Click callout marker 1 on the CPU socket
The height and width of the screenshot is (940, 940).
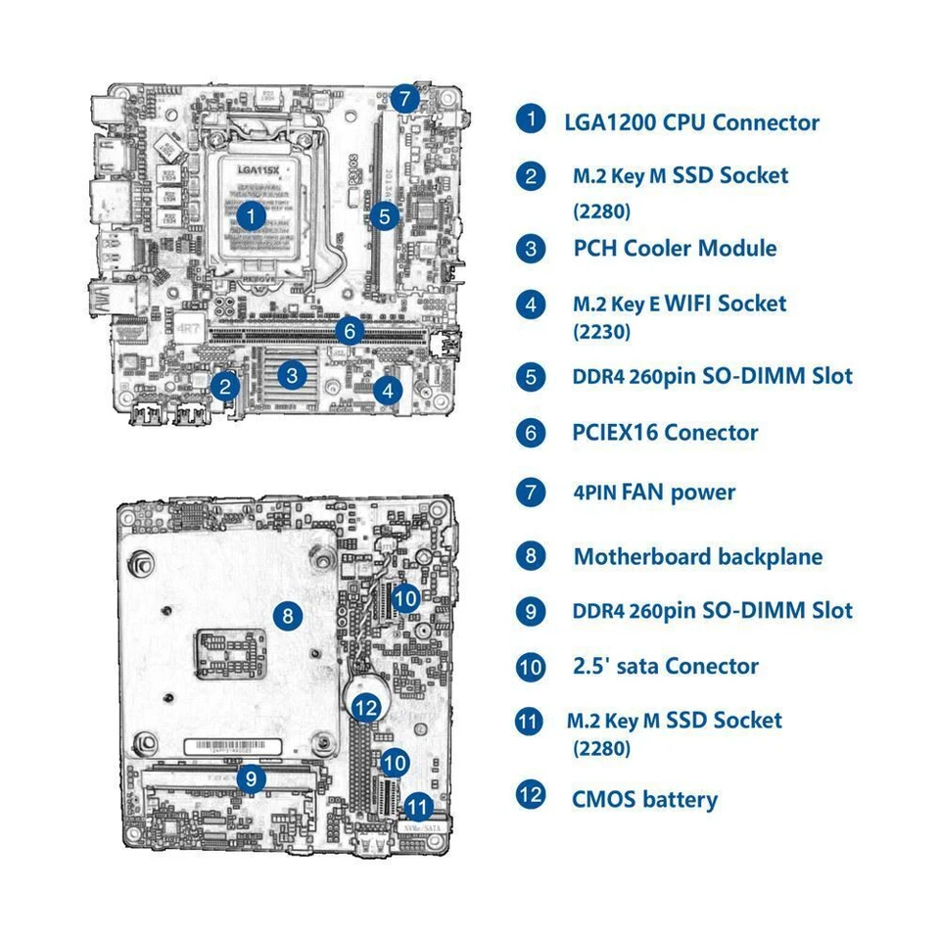[252, 215]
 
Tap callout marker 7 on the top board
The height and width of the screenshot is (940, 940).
[404, 99]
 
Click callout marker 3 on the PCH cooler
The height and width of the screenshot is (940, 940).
[291, 373]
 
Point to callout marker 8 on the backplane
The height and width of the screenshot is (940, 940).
[286, 616]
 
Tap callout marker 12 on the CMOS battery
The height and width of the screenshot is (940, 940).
[366, 706]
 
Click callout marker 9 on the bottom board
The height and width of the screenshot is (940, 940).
[252, 778]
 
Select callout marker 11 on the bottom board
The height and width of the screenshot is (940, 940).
[418, 808]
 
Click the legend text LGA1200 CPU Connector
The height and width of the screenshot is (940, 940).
[691, 122]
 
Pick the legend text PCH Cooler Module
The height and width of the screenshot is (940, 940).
[675, 248]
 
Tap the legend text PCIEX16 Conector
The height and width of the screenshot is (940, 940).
[665, 432]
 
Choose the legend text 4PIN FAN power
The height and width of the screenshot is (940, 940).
[653, 492]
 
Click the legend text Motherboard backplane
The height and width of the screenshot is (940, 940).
[697, 557]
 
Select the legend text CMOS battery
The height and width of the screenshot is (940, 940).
[644, 799]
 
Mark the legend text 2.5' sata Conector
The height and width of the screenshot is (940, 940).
[665, 666]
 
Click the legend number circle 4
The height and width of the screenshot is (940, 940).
[530, 304]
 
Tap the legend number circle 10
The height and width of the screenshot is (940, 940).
[530, 667]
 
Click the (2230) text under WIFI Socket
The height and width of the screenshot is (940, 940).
[601, 332]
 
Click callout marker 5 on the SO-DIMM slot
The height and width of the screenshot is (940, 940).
[385, 215]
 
